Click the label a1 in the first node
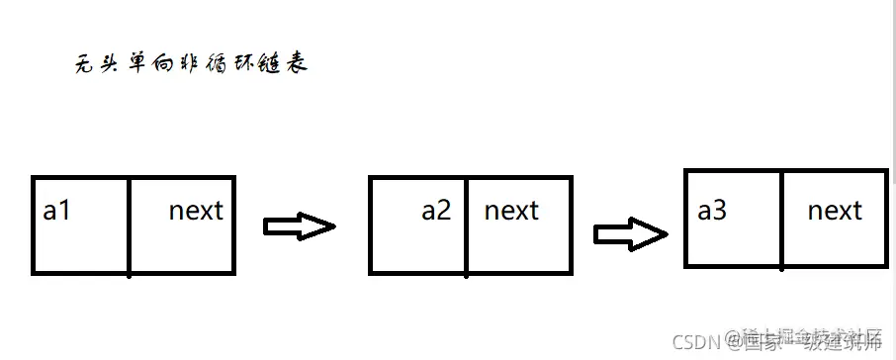57,211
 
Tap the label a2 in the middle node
436,211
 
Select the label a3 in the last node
712,211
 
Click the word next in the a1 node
196,211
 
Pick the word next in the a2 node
511,211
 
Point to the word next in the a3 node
835,211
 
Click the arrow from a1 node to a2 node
299,226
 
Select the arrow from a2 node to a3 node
630,233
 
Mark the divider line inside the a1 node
130,225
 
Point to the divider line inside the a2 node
466,225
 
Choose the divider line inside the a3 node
781,220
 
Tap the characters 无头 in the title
97,66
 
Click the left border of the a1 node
34,225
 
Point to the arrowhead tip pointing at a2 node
334,226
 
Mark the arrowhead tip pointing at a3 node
666,233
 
